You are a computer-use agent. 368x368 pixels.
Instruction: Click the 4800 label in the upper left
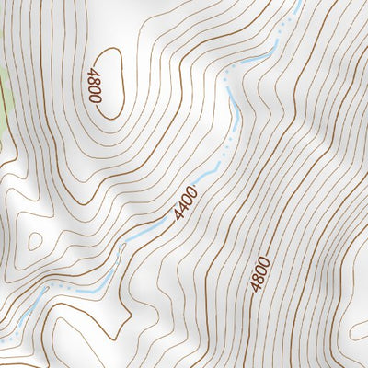93,86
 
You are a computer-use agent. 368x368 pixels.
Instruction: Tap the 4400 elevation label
186,202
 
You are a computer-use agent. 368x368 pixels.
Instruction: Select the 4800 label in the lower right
260,274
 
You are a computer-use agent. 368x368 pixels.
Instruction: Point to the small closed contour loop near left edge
35,242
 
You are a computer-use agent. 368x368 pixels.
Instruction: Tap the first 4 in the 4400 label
178,214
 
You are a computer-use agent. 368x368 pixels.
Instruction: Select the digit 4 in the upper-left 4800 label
93,72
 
